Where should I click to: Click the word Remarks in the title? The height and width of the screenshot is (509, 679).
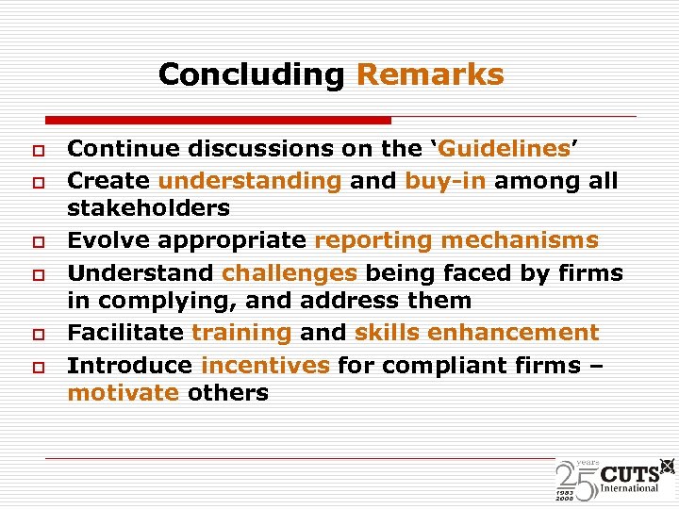tap(430, 74)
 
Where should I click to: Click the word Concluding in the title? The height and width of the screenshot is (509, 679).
tap(252, 74)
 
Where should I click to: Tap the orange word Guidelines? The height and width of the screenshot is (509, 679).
tap(505, 149)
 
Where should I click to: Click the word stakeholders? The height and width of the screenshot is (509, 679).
tap(148, 207)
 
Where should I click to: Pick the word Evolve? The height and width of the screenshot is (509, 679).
tap(108, 240)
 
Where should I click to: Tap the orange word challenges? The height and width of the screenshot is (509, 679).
tap(290, 273)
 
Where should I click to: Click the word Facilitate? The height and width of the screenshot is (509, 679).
tap(125, 333)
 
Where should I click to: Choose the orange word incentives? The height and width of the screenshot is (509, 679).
tap(265, 365)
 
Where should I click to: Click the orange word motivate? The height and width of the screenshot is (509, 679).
tap(123, 393)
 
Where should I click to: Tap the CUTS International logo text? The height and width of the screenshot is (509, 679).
tap(630, 477)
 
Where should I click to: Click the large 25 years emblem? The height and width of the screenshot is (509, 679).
tap(576, 479)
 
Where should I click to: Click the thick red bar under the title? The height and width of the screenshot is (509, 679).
tap(218, 121)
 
